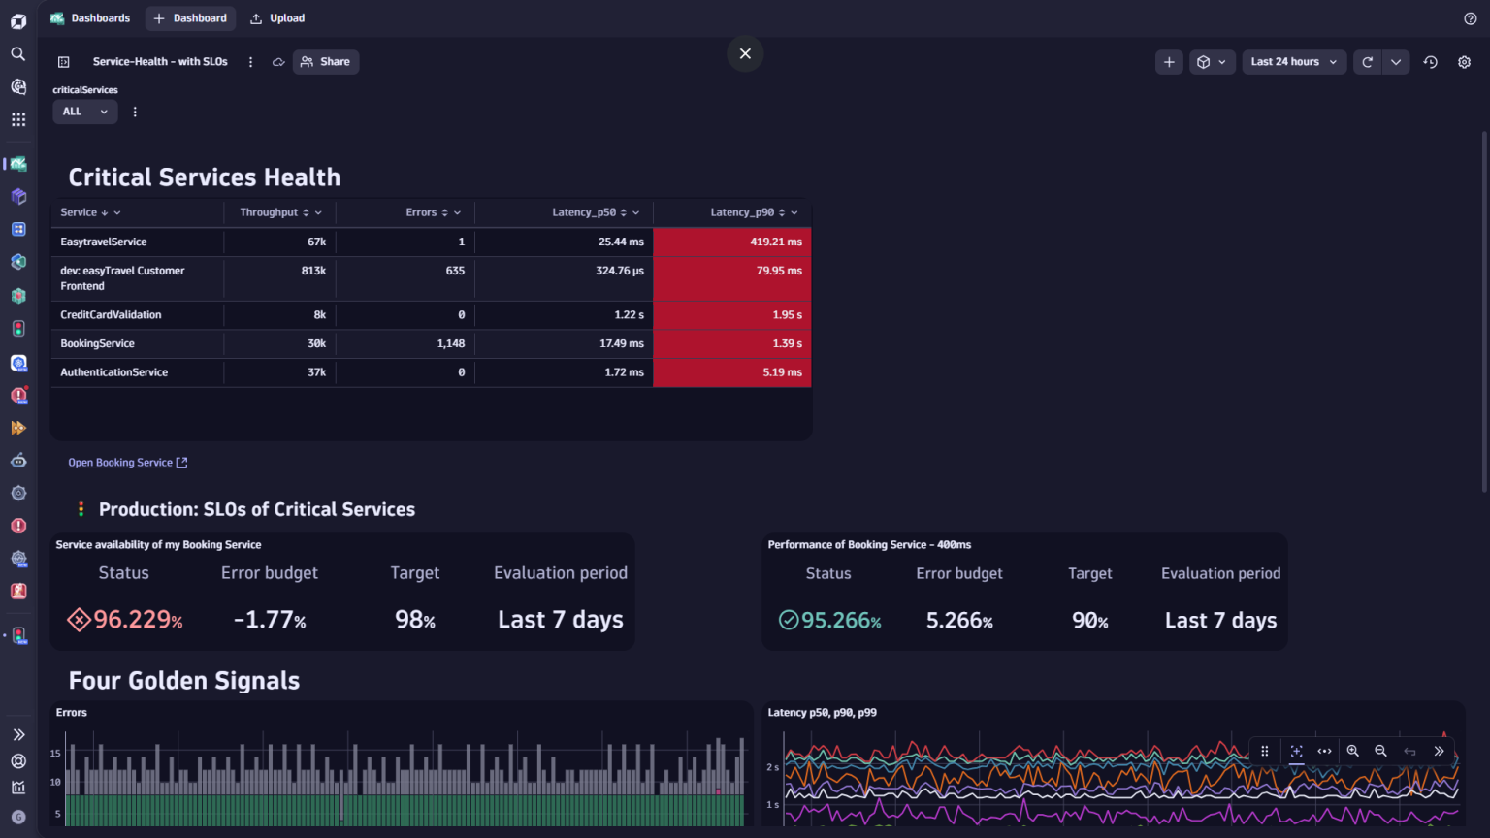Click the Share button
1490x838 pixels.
click(x=326, y=62)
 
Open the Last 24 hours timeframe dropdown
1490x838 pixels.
click(x=1293, y=62)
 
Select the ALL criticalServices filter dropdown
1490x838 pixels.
click(x=84, y=112)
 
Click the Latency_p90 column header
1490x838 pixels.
click(x=742, y=212)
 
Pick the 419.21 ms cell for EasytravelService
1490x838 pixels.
click(x=775, y=242)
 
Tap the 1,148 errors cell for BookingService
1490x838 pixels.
click(x=450, y=343)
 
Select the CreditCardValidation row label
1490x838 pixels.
click(x=111, y=314)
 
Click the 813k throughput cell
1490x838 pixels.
click(x=313, y=271)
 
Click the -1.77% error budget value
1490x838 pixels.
click(x=270, y=620)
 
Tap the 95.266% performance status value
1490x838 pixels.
click(x=840, y=621)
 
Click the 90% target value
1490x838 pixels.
click(x=1089, y=621)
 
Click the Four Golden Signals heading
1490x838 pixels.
click(x=184, y=681)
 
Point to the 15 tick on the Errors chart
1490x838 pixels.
click(x=55, y=753)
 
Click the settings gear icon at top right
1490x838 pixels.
click(x=1464, y=62)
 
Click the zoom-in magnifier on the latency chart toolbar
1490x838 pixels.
click(x=1352, y=751)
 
